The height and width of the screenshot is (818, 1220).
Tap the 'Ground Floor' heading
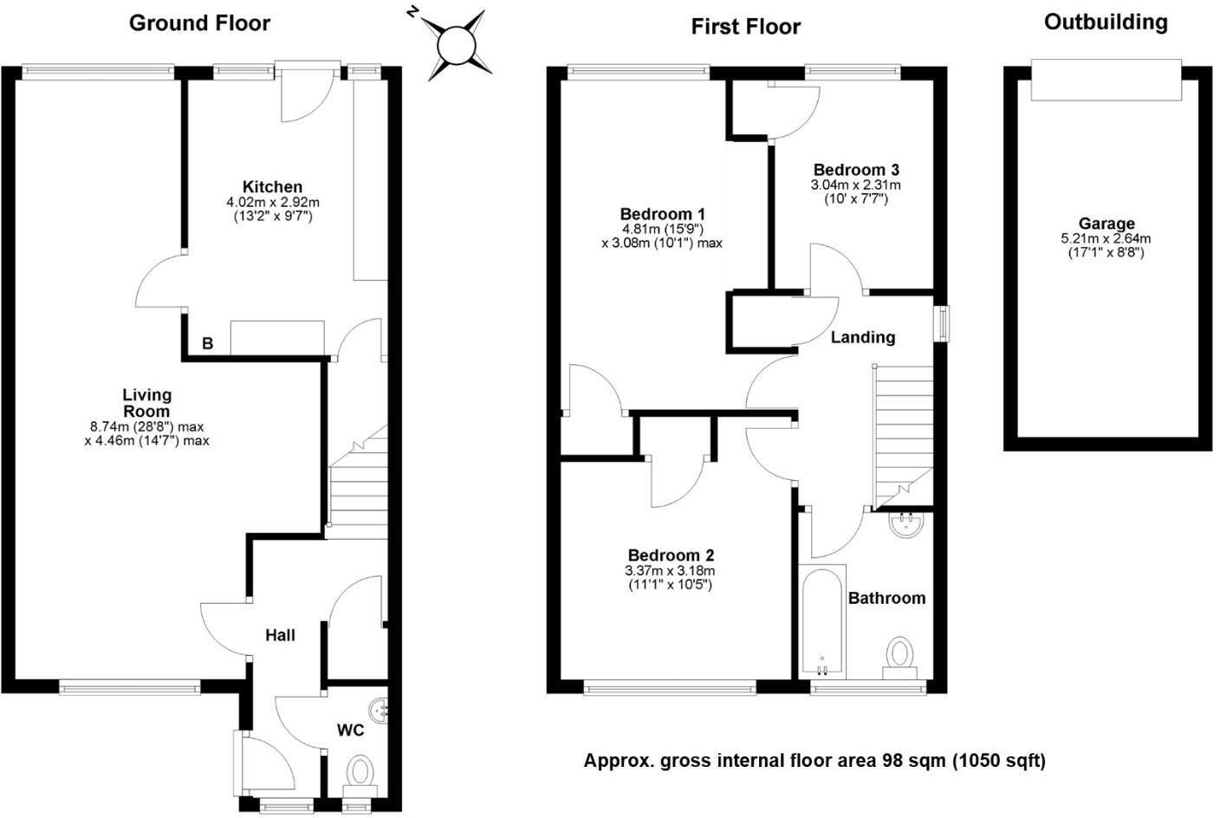199,23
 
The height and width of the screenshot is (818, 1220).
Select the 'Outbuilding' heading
1106,23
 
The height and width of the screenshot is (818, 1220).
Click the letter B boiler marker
207,344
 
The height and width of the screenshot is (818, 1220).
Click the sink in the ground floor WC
379,711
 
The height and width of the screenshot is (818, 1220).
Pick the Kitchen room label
272,186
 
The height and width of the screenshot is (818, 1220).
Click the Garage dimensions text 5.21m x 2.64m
1106,239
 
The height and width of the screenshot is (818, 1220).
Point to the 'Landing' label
862,337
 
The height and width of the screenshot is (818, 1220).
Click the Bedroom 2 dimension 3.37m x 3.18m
670,571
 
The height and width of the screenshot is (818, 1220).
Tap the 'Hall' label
280,635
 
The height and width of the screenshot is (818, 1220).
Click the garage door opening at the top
1106,80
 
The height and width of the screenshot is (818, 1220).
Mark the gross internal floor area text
814,761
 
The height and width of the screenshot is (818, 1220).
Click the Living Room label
146,403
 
